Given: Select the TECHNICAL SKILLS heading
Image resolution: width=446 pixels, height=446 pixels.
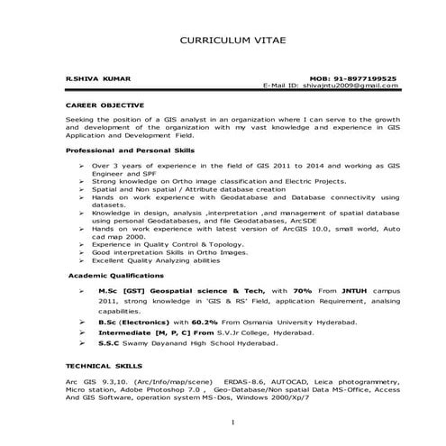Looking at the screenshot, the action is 100,367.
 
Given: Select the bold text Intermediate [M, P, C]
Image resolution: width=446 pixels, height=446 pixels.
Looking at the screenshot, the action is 149,332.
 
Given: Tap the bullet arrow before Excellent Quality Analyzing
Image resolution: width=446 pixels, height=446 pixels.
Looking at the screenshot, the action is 81,259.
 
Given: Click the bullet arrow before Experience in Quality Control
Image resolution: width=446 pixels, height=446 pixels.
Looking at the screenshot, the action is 81,244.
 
